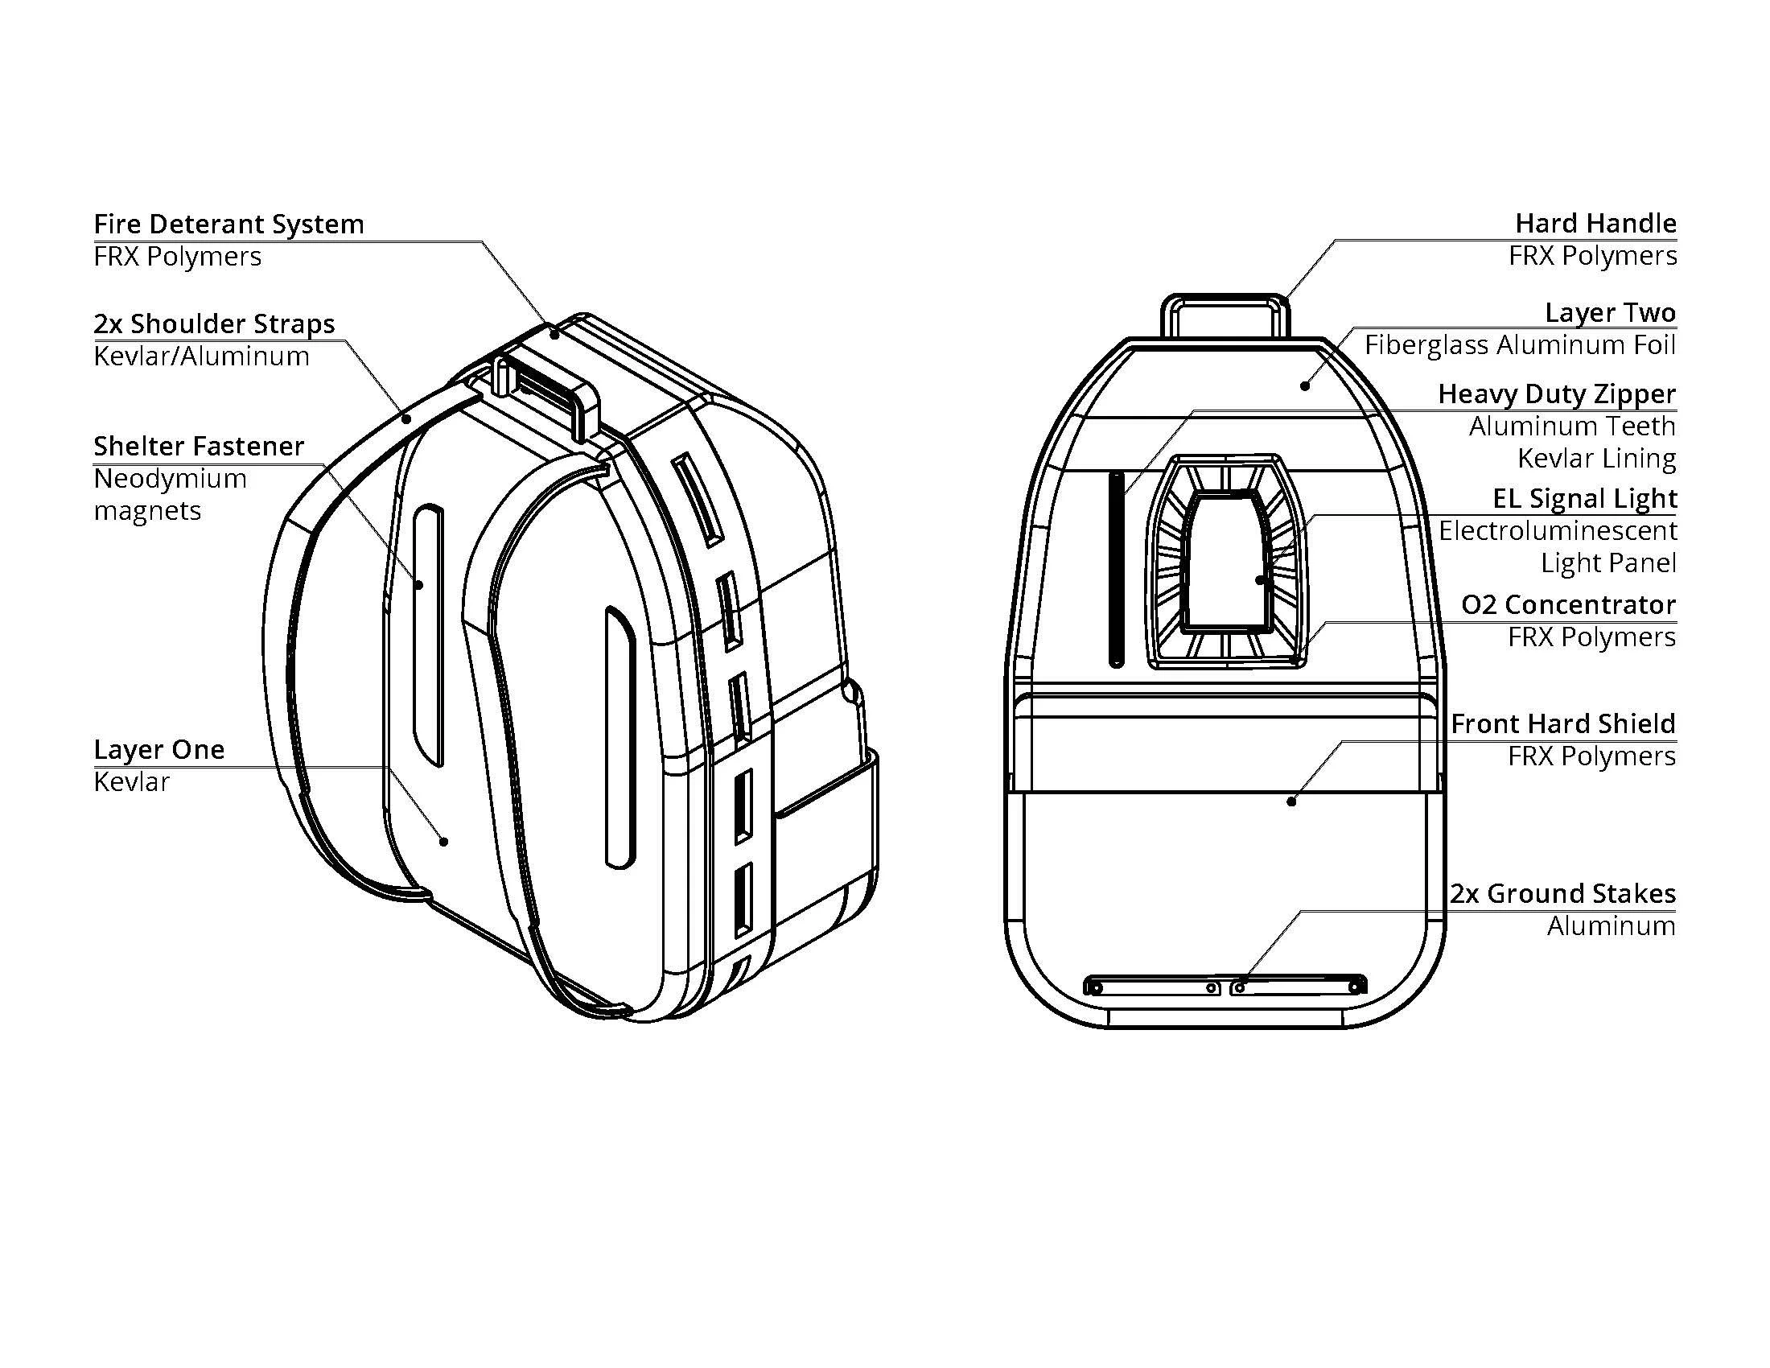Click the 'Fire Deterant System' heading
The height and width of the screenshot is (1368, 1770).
click(228, 224)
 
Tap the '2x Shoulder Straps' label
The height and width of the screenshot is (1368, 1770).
click(214, 323)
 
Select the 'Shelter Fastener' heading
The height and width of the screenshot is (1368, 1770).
click(199, 446)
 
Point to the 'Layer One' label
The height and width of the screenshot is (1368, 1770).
click(158, 749)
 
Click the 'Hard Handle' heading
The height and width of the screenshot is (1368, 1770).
click(1595, 223)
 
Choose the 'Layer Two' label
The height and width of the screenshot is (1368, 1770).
click(1610, 312)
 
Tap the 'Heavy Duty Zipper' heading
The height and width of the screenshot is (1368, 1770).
click(1556, 393)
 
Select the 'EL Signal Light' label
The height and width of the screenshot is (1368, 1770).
click(1583, 497)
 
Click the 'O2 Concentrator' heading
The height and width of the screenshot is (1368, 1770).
click(1567, 604)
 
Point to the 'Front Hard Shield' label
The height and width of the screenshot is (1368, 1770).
click(1562, 723)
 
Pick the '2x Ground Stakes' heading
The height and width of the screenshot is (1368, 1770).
click(1562, 893)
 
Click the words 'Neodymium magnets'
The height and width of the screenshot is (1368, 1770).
click(171, 494)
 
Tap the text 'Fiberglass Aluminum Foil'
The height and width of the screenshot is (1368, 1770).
click(1520, 344)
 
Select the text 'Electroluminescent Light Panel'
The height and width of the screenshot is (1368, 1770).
click(1557, 546)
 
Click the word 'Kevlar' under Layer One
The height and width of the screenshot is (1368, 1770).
click(131, 781)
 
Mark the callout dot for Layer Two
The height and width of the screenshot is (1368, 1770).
click(1305, 385)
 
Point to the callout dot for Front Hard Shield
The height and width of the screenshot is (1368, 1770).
click(1291, 801)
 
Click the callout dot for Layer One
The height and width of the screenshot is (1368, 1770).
click(443, 842)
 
